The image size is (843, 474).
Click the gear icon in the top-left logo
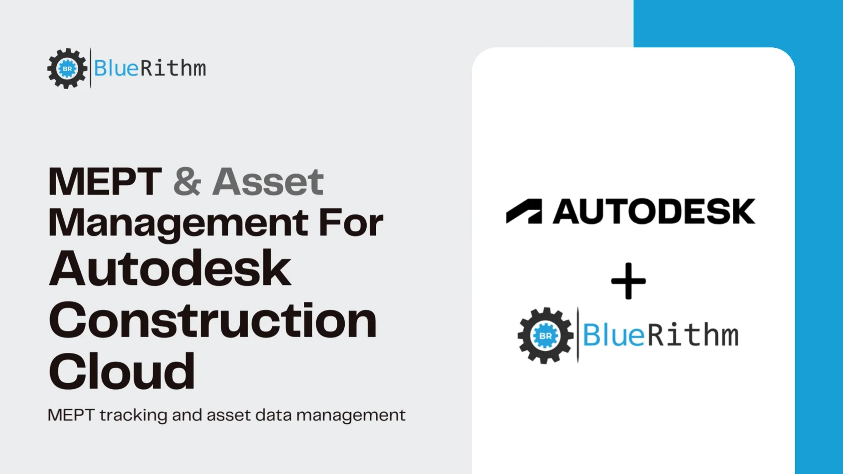(x=67, y=68)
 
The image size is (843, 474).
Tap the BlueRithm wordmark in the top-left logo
(x=150, y=68)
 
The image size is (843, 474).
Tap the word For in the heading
(x=351, y=223)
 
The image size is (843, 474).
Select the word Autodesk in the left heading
(x=170, y=269)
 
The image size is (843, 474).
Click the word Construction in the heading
(x=213, y=320)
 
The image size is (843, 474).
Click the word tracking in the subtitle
(x=133, y=415)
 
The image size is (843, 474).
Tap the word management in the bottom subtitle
(x=351, y=415)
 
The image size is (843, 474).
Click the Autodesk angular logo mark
(x=524, y=212)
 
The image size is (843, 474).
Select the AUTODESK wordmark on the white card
(x=654, y=212)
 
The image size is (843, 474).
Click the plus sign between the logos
(x=628, y=281)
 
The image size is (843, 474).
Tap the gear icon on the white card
(x=545, y=336)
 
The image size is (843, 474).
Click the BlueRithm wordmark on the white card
(x=660, y=335)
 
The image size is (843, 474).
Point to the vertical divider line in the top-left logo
(x=90, y=68)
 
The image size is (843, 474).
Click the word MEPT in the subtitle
(x=71, y=415)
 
